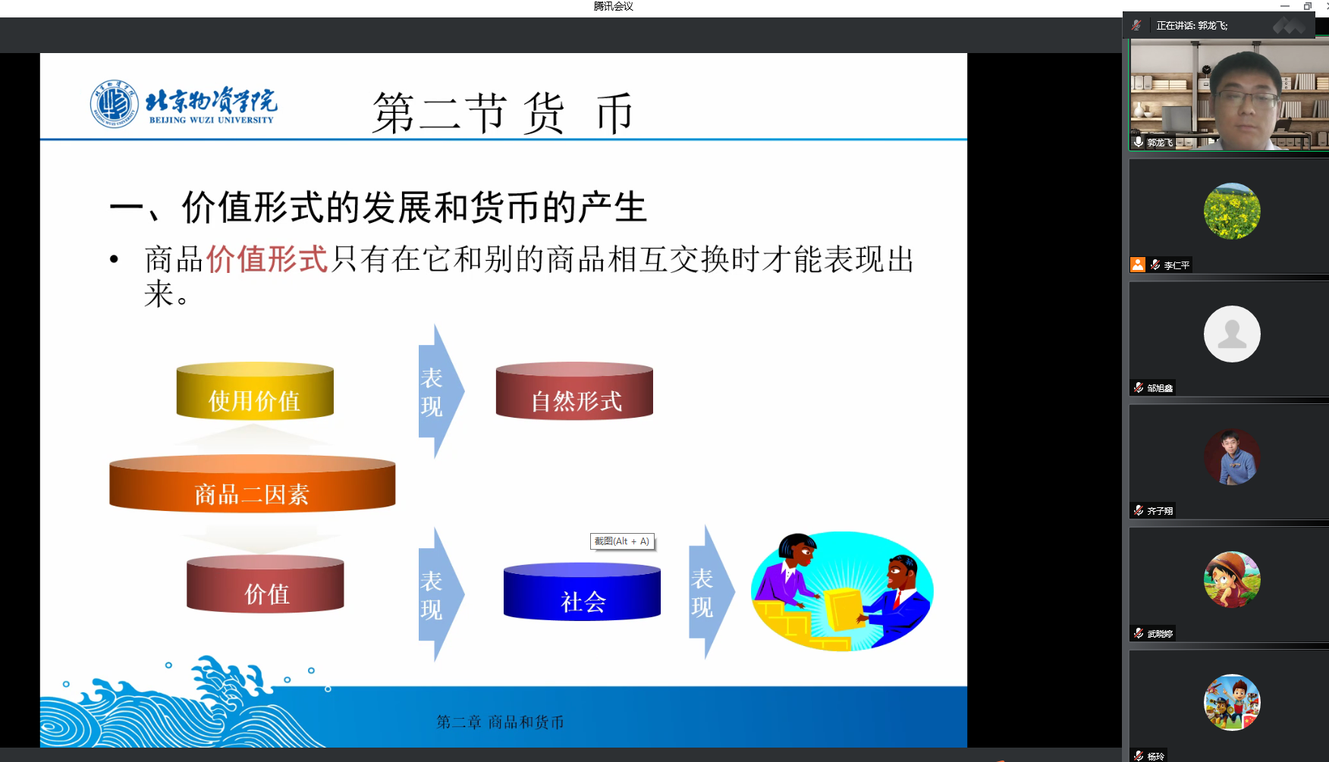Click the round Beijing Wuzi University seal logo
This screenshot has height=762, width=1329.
[x=115, y=104]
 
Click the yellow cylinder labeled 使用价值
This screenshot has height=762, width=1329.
[x=255, y=390]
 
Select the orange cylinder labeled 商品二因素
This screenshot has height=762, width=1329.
[x=253, y=484]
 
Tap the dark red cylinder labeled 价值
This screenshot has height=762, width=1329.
[x=265, y=584]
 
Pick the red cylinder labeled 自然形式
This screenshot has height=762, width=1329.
[x=574, y=390]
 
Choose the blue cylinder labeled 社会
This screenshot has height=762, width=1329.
[x=582, y=591]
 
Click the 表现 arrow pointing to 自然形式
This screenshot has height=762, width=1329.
[x=441, y=391]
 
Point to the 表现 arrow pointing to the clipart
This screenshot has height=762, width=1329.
[x=712, y=592]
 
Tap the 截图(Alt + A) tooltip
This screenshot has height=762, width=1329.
[x=622, y=541]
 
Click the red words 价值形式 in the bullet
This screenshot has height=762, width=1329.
[x=267, y=259]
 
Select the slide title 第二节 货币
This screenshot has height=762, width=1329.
[x=502, y=113]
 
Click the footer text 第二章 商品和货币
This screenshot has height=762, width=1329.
[x=501, y=722]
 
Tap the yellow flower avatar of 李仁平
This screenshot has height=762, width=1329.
[x=1232, y=211]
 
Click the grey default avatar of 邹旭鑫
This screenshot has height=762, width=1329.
[x=1232, y=334]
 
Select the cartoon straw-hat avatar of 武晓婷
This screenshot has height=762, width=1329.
[x=1232, y=579]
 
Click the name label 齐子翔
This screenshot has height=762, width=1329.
[x=1160, y=511]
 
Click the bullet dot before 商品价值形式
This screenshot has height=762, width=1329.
[x=114, y=259]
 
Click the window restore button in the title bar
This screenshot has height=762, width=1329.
[x=1308, y=6]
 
